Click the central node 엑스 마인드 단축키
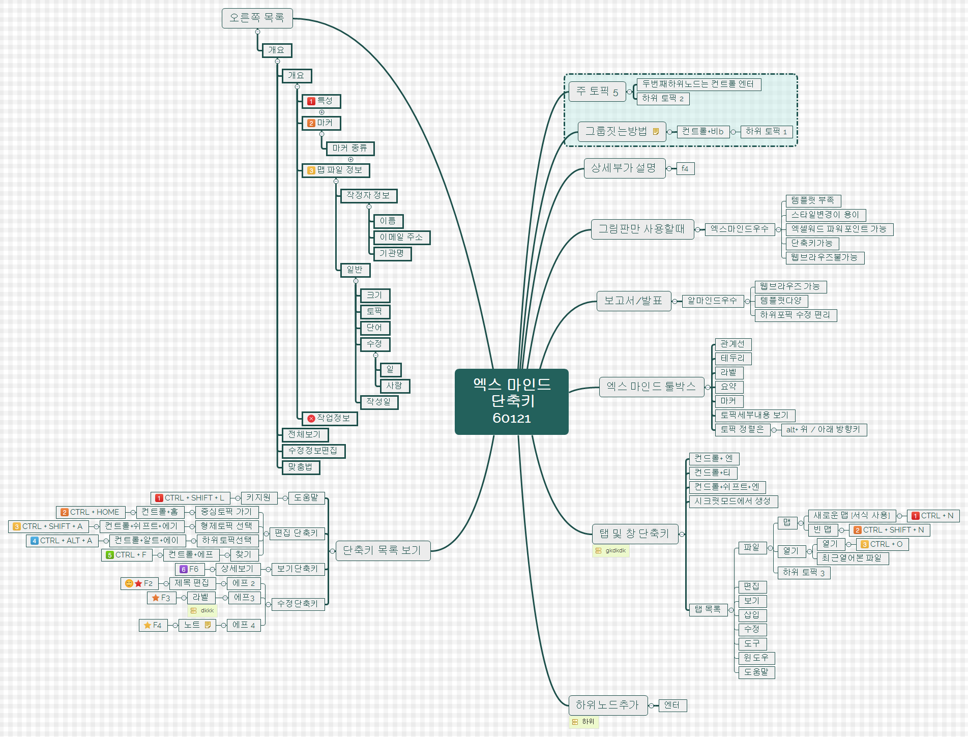click(x=511, y=401)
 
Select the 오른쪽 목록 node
click(x=257, y=18)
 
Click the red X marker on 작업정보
click(x=311, y=419)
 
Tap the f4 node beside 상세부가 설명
click(x=685, y=168)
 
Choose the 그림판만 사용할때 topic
click(x=642, y=229)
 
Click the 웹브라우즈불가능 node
click(x=824, y=258)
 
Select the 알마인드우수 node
click(x=712, y=301)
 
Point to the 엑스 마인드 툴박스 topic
click(x=651, y=387)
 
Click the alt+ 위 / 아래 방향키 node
click(x=823, y=430)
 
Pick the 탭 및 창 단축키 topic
click(x=634, y=534)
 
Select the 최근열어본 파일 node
click(x=852, y=558)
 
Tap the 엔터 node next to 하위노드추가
click(x=672, y=705)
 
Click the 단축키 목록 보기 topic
click(x=382, y=550)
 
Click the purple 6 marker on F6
click(x=184, y=569)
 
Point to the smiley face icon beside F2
click(x=129, y=583)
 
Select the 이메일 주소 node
click(x=401, y=238)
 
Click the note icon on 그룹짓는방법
click(x=656, y=132)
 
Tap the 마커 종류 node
click(x=349, y=149)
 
